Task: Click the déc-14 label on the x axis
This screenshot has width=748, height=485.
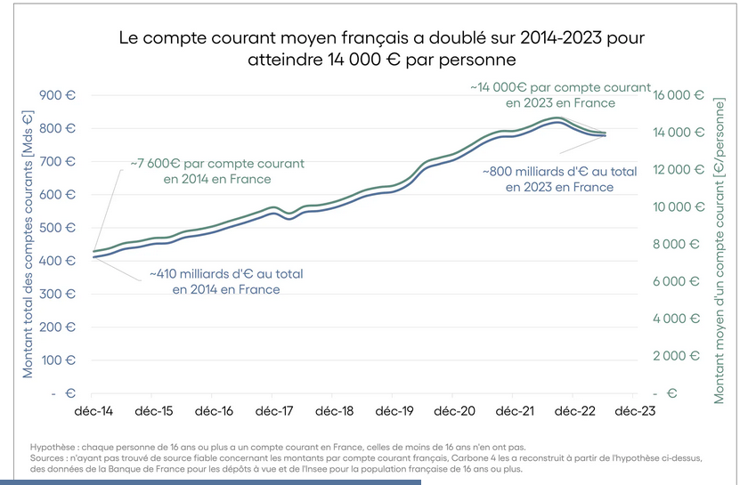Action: [93, 412]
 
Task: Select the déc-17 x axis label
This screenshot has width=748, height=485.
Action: [274, 412]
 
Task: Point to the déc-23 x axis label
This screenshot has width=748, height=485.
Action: [632, 412]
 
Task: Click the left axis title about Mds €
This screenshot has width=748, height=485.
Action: [28, 244]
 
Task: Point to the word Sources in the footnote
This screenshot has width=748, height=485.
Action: [51, 458]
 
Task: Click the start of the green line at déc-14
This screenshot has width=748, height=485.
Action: [94, 251]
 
